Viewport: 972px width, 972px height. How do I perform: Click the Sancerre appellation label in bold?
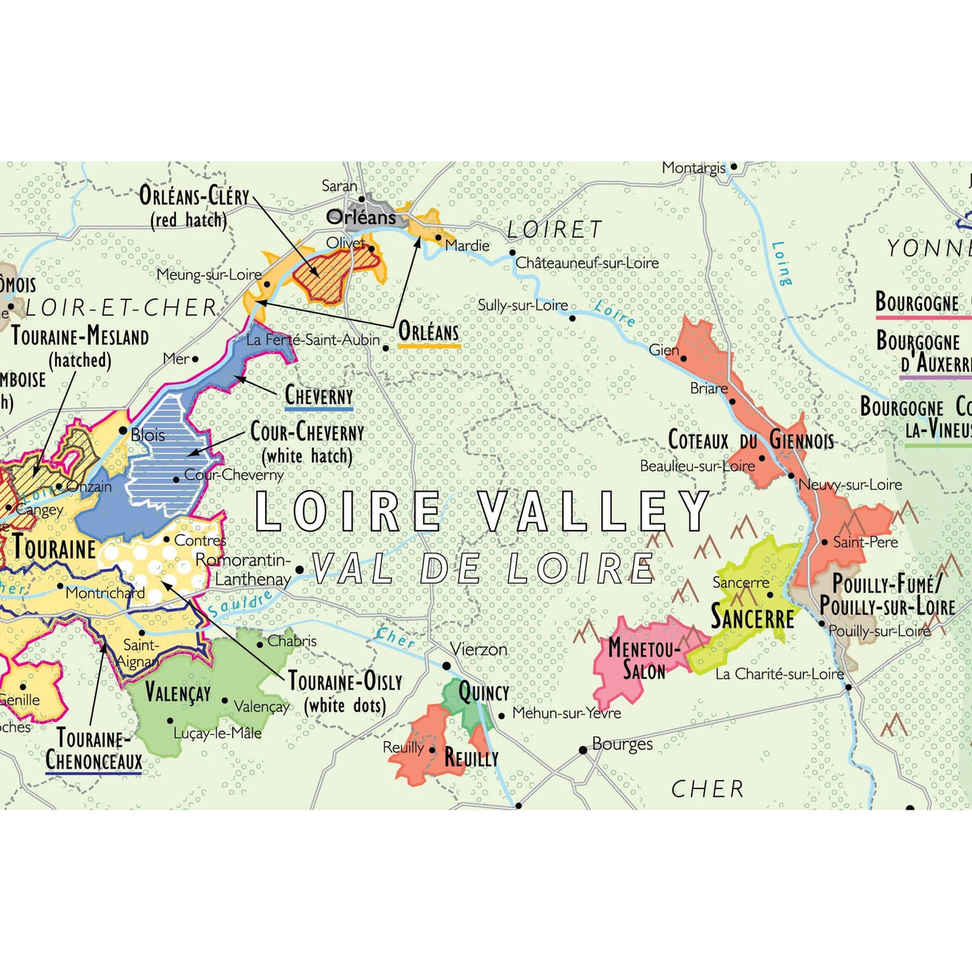752,618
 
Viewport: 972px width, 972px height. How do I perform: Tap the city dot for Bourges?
583,750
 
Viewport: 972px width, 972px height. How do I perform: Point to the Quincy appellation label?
484,692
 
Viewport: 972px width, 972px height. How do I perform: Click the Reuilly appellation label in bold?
471,757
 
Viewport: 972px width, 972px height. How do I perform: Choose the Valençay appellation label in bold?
178,692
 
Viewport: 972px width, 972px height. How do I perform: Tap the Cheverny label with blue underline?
319,395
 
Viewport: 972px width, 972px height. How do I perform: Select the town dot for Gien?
683,358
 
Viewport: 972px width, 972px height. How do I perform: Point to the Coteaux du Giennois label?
750,440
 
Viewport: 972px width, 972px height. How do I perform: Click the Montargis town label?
693,168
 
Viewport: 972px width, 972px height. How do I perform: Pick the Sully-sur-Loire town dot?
572,318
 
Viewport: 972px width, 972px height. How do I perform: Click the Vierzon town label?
478,649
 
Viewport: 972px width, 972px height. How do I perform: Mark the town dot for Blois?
123,431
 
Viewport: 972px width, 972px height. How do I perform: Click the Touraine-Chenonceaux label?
94,749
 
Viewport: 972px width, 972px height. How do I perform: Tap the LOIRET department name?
554,230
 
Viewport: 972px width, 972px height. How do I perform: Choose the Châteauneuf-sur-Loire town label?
587,263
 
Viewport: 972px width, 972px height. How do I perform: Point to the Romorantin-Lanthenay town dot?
299,570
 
